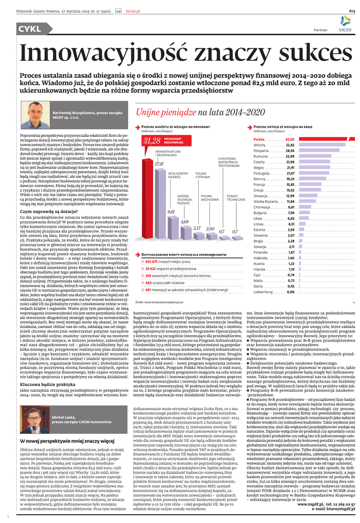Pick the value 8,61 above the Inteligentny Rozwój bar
pyautogui.click(x=171, y=212)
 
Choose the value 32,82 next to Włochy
pyautogui.click(x=290, y=145)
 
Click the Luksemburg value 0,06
pyautogui.click(x=290, y=292)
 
